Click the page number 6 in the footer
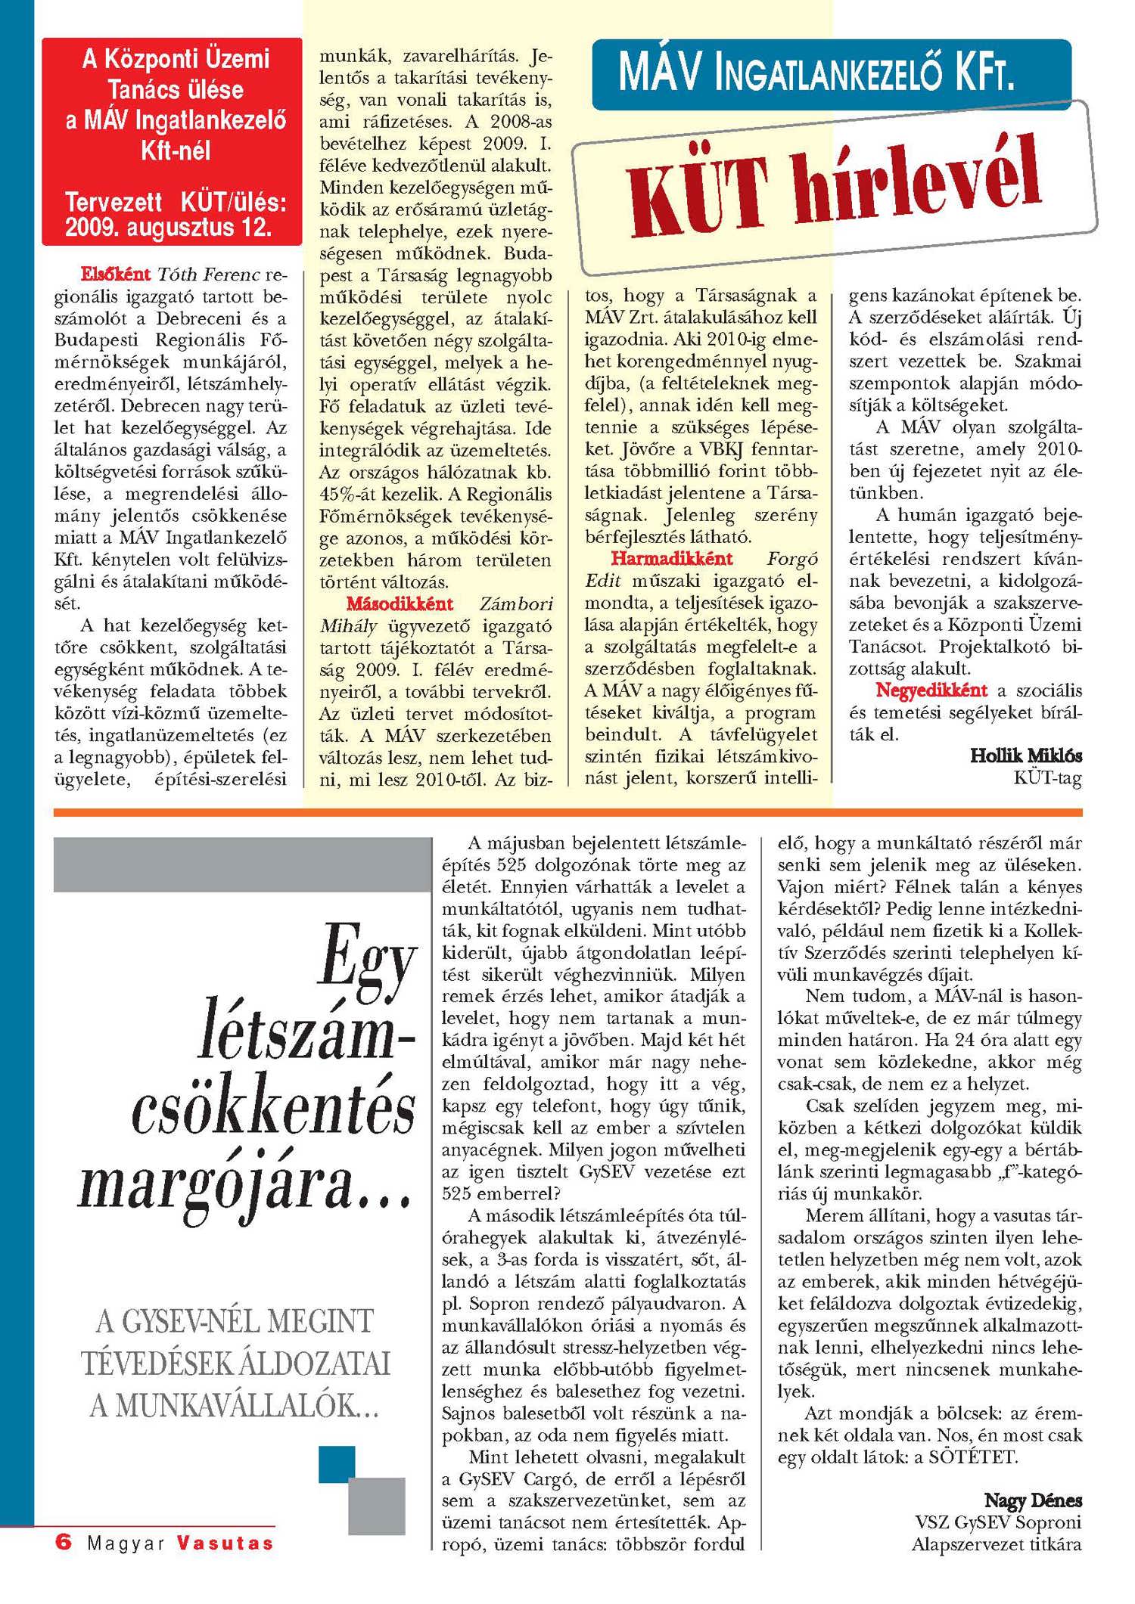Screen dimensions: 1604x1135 [x=64, y=1540]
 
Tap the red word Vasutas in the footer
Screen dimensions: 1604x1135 [x=225, y=1542]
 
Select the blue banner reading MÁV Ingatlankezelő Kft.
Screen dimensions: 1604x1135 [x=831, y=74]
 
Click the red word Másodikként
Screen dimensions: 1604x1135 [x=400, y=603]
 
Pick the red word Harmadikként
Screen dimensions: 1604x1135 [x=672, y=559]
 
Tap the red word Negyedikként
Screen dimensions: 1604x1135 [x=931, y=690]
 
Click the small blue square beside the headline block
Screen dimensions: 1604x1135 [x=337, y=1463]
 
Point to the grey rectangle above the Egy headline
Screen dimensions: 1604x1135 [x=242, y=864]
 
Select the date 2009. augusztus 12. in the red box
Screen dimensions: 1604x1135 [x=168, y=227]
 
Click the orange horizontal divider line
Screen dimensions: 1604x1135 [x=567, y=812]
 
